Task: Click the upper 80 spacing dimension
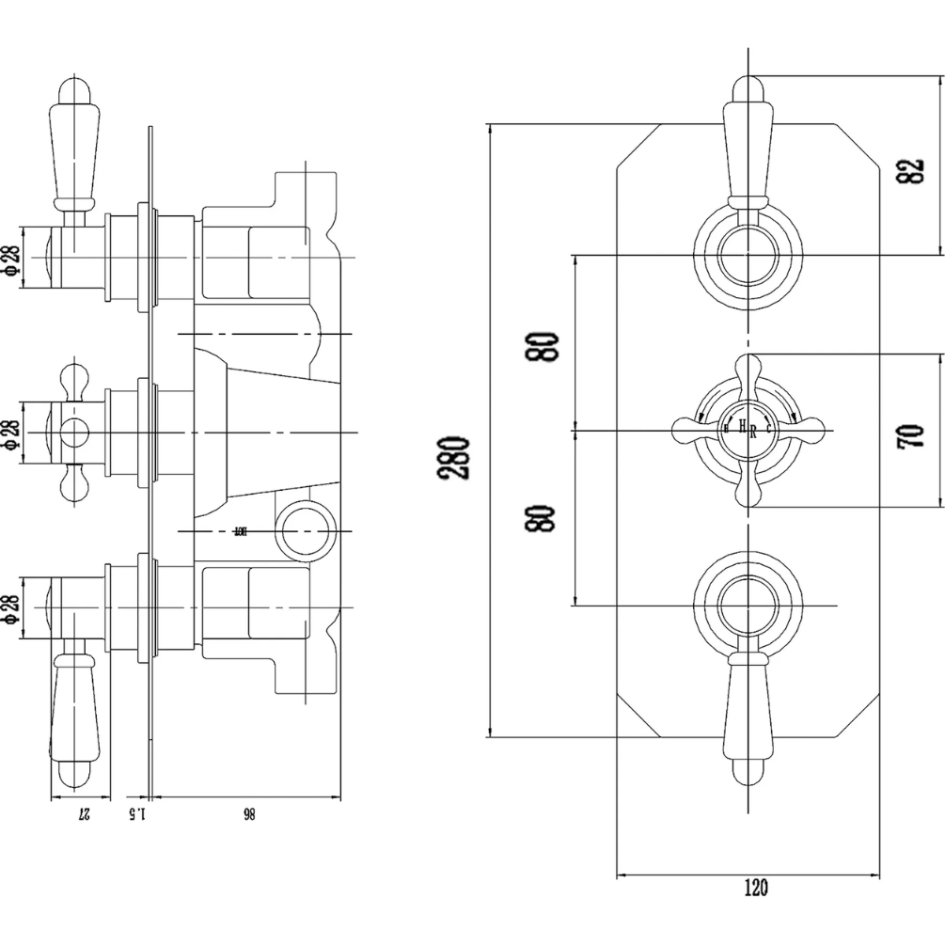[x=544, y=348]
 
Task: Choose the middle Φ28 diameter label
[x=12, y=433]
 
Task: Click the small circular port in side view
[x=306, y=531]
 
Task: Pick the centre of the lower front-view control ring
[x=749, y=606]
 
